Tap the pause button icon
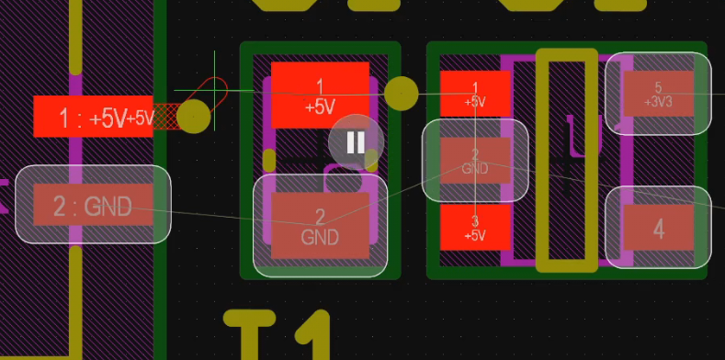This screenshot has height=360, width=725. click(356, 141)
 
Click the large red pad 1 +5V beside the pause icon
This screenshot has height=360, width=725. click(320, 95)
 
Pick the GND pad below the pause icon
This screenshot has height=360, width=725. click(320, 226)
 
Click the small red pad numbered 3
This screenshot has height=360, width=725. click(475, 227)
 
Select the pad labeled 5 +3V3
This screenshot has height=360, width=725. click(658, 94)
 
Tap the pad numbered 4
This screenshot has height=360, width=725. click(658, 229)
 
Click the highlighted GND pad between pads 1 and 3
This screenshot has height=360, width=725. click(475, 161)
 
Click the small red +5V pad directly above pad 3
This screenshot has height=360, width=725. click(475, 94)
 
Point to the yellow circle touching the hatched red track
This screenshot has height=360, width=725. click(193, 117)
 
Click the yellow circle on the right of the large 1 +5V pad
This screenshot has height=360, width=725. click(401, 93)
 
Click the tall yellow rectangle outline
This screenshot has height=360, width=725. click(567, 161)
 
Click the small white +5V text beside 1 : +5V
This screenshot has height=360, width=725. click(141, 118)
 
